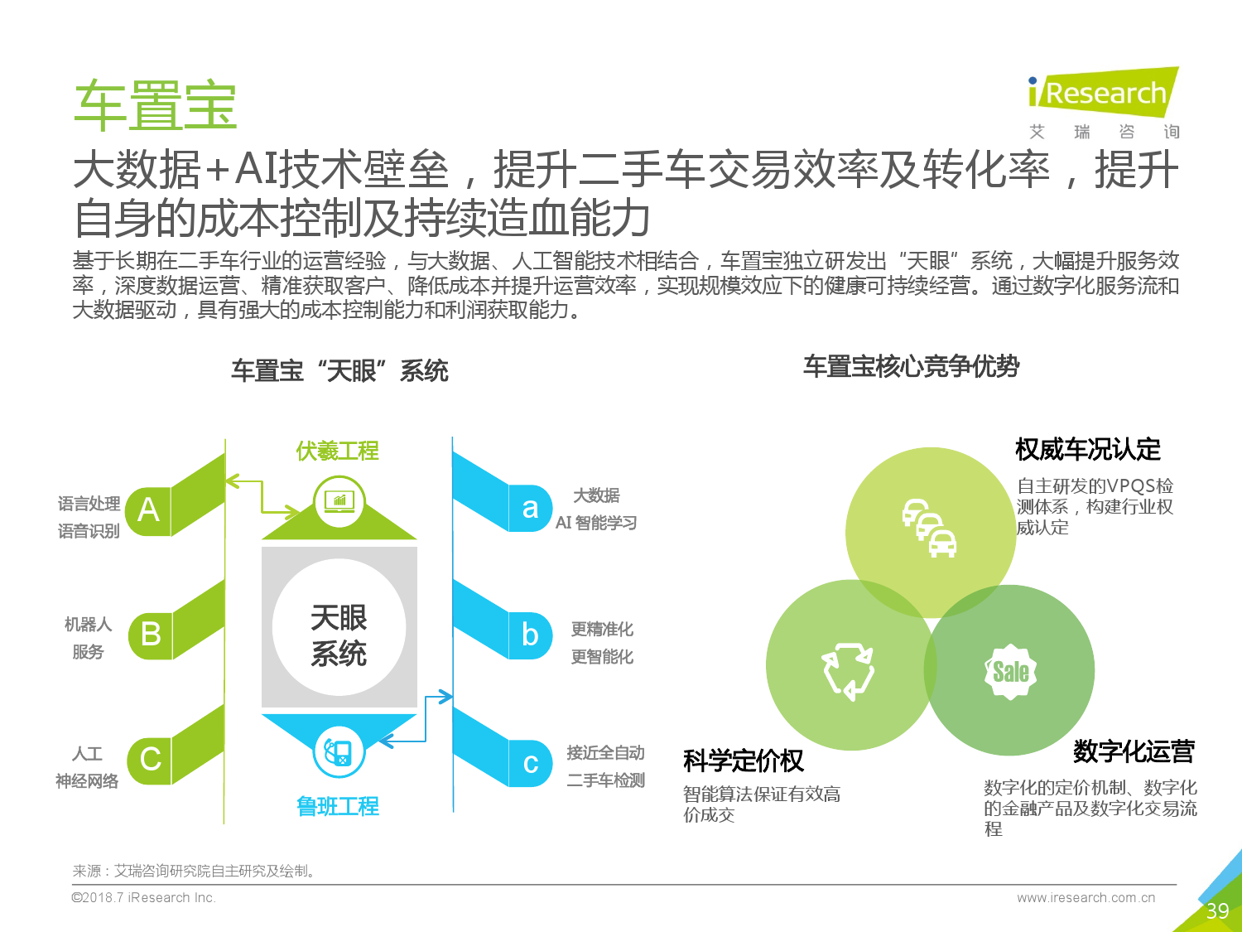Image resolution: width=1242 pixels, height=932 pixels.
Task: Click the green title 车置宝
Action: click(156, 105)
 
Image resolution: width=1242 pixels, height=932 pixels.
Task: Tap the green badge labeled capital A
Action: click(148, 510)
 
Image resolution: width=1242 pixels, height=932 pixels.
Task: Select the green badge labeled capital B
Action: click(151, 635)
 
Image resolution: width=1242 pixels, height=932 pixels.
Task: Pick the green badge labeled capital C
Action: click(150, 760)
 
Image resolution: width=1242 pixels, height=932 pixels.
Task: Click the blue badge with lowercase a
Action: click(530, 508)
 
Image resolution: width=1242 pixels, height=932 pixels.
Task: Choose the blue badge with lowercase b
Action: click(530, 635)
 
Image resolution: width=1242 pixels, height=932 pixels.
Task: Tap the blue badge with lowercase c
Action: click(530, 763)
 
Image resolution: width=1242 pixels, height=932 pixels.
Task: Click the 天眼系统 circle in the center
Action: click(339, 627)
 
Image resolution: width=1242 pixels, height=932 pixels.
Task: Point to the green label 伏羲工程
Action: click(338, 451)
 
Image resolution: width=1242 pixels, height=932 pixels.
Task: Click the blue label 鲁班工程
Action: click(338, 806)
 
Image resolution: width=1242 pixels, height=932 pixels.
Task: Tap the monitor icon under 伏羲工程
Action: click(339, 501)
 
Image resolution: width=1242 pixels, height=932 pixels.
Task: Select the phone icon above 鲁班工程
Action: click(339, 752)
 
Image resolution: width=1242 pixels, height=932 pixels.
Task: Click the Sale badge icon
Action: click(1011, 672)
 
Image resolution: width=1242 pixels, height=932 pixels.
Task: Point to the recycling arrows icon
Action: click(848, 671)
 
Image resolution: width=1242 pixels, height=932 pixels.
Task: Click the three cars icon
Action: click(930, 528)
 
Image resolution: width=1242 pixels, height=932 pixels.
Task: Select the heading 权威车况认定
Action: click(1087, 450)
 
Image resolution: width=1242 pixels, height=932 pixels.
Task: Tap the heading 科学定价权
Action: click(744, 761)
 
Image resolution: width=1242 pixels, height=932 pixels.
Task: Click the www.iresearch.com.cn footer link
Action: click(1086, 897)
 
